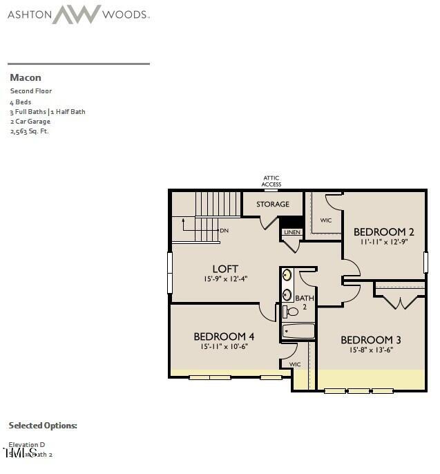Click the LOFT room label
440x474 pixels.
pyautogui.click(x=225, y=269)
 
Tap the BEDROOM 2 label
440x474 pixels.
pyautogui.click(x=384, y=231)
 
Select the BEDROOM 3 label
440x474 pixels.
pyautogui.click(x=371, y=340)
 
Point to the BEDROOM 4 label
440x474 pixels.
pyautogui.click(x=224, y=336)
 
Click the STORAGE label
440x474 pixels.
pyautogui.click(x=273, y=205)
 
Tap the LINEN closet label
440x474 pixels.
pyautogui.click(x=291, y=232)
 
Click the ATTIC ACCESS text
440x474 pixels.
pyautogui.click(x=271, y=182)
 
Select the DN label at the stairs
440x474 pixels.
pyautogui.click(x=224, y=230)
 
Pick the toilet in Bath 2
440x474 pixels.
pyautogui.click(x=290, y=312)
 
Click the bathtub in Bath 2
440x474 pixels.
pyautogui.click(x=298, y=331)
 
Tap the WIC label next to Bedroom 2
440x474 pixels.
pyautogui.click(x=326, y=220)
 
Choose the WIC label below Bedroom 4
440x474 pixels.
pyautogui.click(x=295, y=364)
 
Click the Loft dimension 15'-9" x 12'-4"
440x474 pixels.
pyautogui.click(x=225, y=279)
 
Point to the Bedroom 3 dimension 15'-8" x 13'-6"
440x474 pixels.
pyautogui.click(x=371, y=350)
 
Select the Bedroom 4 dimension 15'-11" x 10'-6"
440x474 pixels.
pyautogui.click(x=224, y=346)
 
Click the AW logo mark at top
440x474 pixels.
pyautogui.click(x=77, y=15)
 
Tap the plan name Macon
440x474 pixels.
pyautogui.click(x=26, y=77)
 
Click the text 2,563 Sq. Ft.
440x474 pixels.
pyautogui.click(x=30, y=131)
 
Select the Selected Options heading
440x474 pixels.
pyautogui.click(x=43, y=426)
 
